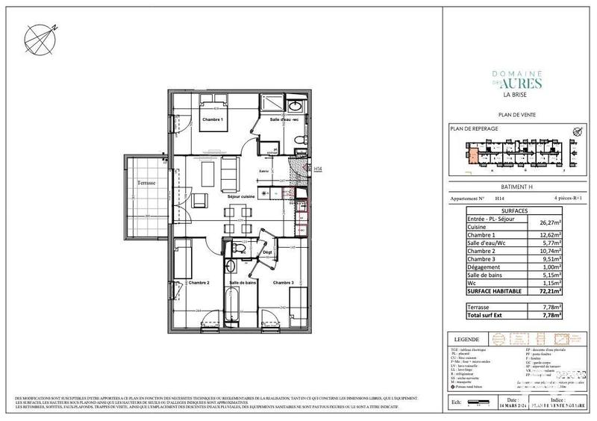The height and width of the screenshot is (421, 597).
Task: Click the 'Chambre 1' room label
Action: tap(213, 119)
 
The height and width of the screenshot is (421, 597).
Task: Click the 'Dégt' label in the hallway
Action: tap(266, 252)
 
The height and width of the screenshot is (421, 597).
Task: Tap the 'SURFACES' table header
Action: tap(504, 211)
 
